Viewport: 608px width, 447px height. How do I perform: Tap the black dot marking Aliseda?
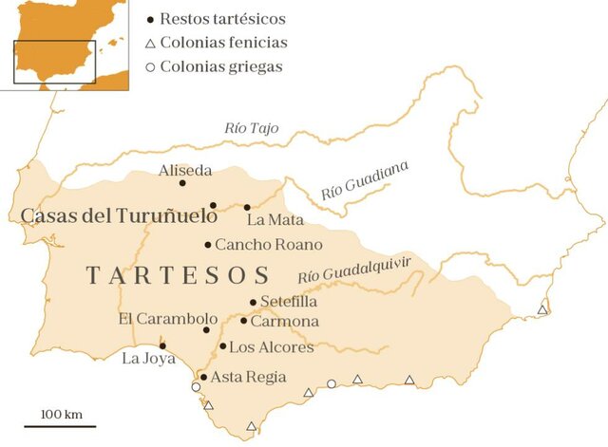(182, 183)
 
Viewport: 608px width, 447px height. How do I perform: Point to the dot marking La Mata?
(247, 207)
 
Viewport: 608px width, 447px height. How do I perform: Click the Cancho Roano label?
(269, 245)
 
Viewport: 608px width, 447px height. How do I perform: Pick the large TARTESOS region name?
(179, 276)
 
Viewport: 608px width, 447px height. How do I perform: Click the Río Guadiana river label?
(365, 179)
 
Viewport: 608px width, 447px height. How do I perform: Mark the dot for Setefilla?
(253, 303)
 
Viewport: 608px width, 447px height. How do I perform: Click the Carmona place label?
(285, 322)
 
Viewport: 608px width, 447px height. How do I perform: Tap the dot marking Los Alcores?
(222, 345)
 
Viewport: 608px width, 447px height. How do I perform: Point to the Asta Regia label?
(248, 377)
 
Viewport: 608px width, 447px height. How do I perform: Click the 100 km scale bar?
(60, 425)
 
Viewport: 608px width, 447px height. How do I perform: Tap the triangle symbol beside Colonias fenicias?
(150, 43)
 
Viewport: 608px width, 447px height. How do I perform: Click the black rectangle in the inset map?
(54, 62)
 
